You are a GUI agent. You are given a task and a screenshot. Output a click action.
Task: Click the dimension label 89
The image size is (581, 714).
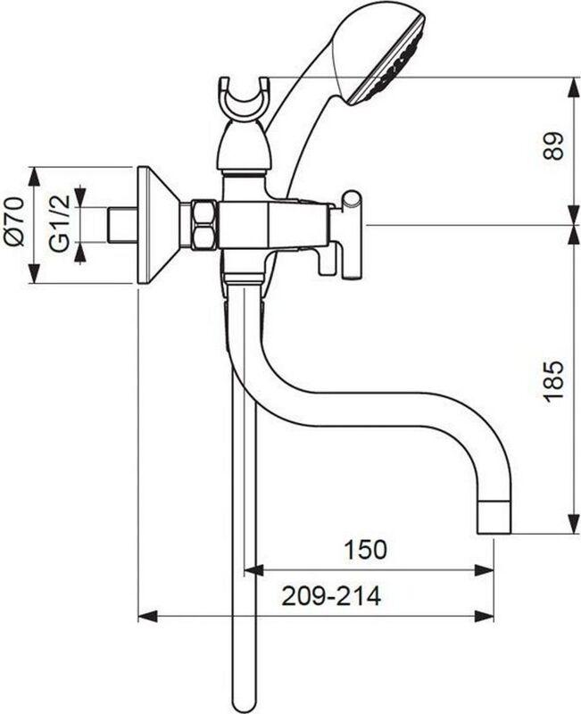pyautogui.click(x=553, y=145)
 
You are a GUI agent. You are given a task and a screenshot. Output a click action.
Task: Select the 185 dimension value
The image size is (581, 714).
pyautogui.click(x=553, y=380)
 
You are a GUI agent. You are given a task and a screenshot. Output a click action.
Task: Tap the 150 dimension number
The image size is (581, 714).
pyautogui.click(x=365, y=549)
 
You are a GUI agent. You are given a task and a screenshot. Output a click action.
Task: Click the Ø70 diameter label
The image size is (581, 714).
pyautogui.click(x=14, y=221)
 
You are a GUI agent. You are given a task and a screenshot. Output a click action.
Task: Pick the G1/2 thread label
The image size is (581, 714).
pyautogui.click(x=60, y=223)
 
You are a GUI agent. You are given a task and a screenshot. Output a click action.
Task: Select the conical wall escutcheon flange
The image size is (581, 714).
pyautogui.click(x=158, y=226)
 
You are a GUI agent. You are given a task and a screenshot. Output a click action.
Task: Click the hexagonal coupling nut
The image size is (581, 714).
pyautogui.click(x=205, y=225)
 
